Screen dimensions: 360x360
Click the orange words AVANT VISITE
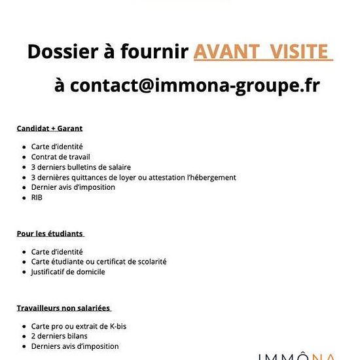(x=263, y=52)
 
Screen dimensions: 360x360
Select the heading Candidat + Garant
(x=49, y=128)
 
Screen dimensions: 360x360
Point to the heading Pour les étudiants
(x=50, y=234)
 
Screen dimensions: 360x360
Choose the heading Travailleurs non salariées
(x=63, y=308)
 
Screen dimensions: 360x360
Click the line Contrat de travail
(x=60, y=157)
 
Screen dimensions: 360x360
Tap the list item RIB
(x=37, y=197)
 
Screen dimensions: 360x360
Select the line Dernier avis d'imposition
(x=73, y=187)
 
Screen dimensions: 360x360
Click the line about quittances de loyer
(x=134, y=177)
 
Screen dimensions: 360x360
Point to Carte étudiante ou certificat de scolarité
(x=99, y=262)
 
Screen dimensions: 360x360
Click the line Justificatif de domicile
(x=68, y=272)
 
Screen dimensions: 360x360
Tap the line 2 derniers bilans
(x=59, y=336)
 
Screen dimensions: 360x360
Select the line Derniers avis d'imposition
(x=75, y=346)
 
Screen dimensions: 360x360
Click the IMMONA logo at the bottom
(x=297, y=355)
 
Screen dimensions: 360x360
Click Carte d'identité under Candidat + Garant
(x=57, y=147)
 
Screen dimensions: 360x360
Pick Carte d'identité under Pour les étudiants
(x=57, y=252)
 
